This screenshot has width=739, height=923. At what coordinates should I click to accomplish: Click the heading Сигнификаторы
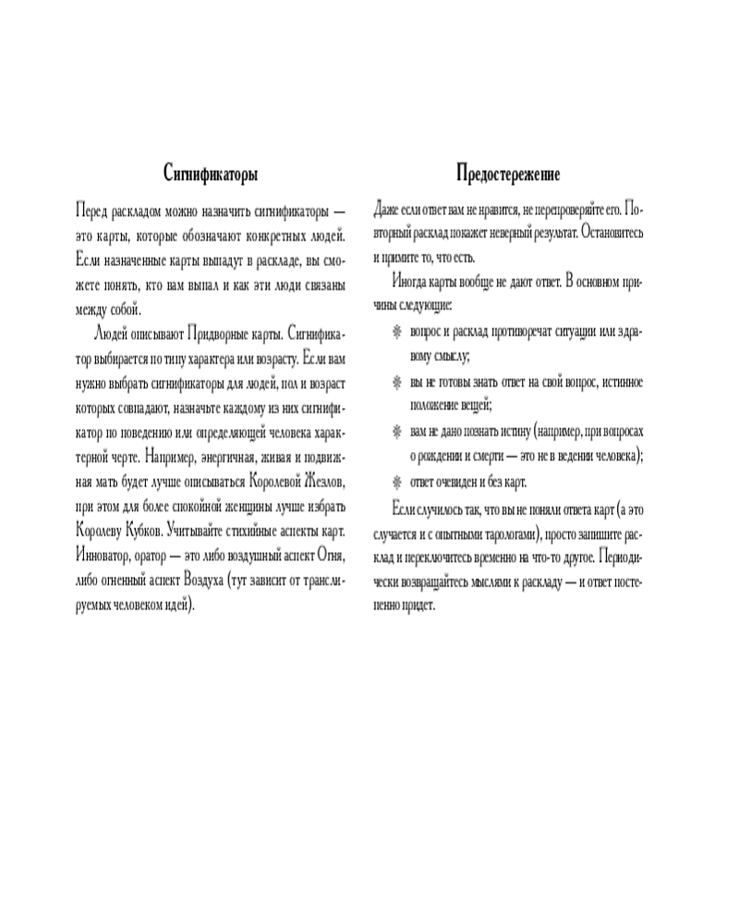pyautogui.click(x=210, y=174)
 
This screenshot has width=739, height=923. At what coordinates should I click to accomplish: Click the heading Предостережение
pyautogui.click(x=507, y=174)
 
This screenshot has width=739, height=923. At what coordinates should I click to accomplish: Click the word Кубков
pyautogui.click(x=142, y=532)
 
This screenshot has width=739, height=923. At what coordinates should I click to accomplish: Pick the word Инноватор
pyautogui.click(x=105, y=557)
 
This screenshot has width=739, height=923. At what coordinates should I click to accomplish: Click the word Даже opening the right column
pyautogui.click(x=390, y=208)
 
